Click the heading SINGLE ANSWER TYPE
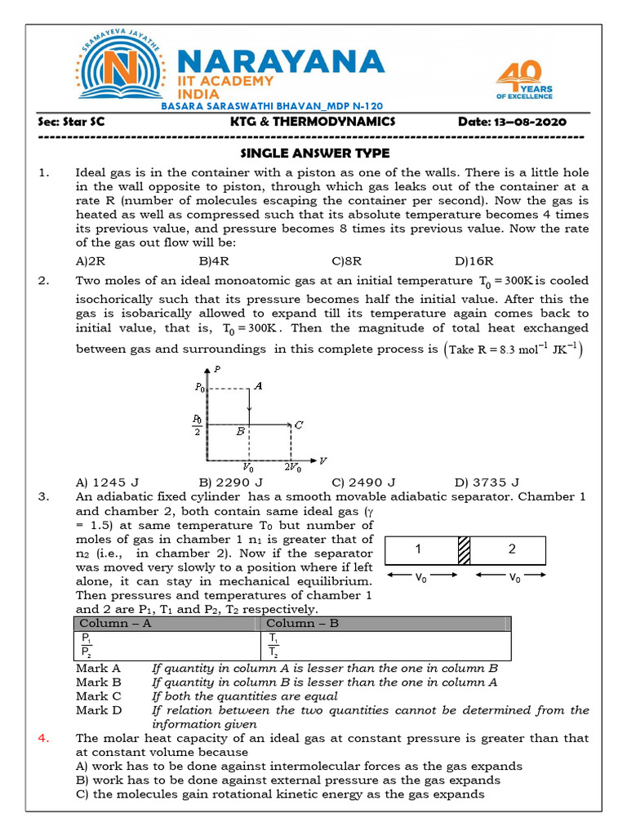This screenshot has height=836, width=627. [x=314, y=153]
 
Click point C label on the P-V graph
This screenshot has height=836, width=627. [x=300, y=425]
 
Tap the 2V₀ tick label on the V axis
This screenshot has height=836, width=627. [x=292, y=468]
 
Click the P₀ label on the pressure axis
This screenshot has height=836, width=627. [x=200, y=388]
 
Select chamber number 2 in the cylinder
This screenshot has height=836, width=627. [x=512, y=549]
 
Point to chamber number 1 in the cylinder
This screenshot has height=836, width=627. [x=417, y=549]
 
